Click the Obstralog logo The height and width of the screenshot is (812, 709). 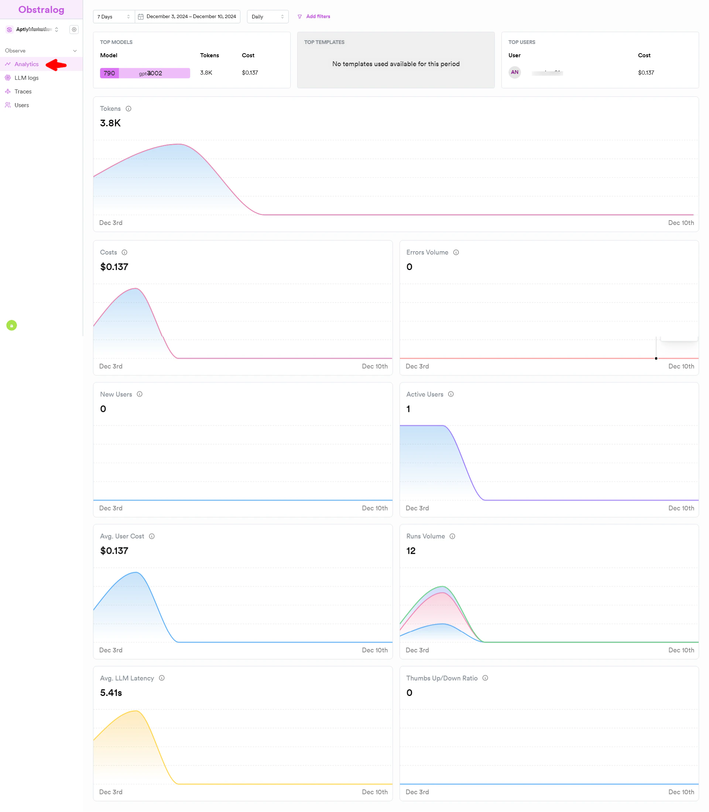pos(41,10)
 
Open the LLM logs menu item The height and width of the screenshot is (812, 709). pos(26,78)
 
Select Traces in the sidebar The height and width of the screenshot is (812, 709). pos(23,91)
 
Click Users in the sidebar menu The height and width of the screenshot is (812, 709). pos(21,105)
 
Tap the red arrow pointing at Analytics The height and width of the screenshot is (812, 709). pos(56,65)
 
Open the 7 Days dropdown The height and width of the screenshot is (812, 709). pos(114,17)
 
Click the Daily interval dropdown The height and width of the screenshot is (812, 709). pos(267,17)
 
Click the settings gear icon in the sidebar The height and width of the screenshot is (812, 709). pos(74,29)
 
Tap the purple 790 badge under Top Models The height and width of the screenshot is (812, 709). pos(109,73)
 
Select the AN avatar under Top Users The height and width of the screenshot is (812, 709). pos(514,72)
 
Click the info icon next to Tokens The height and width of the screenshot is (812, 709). pos(129,109)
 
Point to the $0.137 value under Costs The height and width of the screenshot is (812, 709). pos(114,267)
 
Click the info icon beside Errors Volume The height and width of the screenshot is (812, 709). pos(456,252)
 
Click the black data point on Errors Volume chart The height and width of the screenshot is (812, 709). pos(656,358)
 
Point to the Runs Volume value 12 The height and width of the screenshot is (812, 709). pos(411,551)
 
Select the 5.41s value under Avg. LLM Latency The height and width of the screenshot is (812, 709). pos(111,693)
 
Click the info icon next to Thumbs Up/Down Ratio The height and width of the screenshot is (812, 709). pos(485,678)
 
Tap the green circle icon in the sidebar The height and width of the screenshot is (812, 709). pos(11,325)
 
